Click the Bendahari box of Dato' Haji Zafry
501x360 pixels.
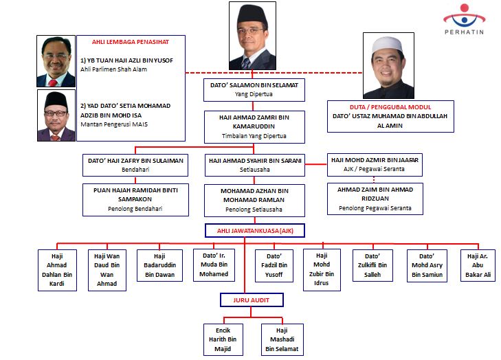tap(135, 164)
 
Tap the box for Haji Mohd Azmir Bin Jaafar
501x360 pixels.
tap(375, 164)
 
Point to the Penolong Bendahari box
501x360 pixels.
tap(135, 199)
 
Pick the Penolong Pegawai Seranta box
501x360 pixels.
tap(375, 199)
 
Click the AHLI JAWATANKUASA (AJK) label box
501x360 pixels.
tap(254, 230)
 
